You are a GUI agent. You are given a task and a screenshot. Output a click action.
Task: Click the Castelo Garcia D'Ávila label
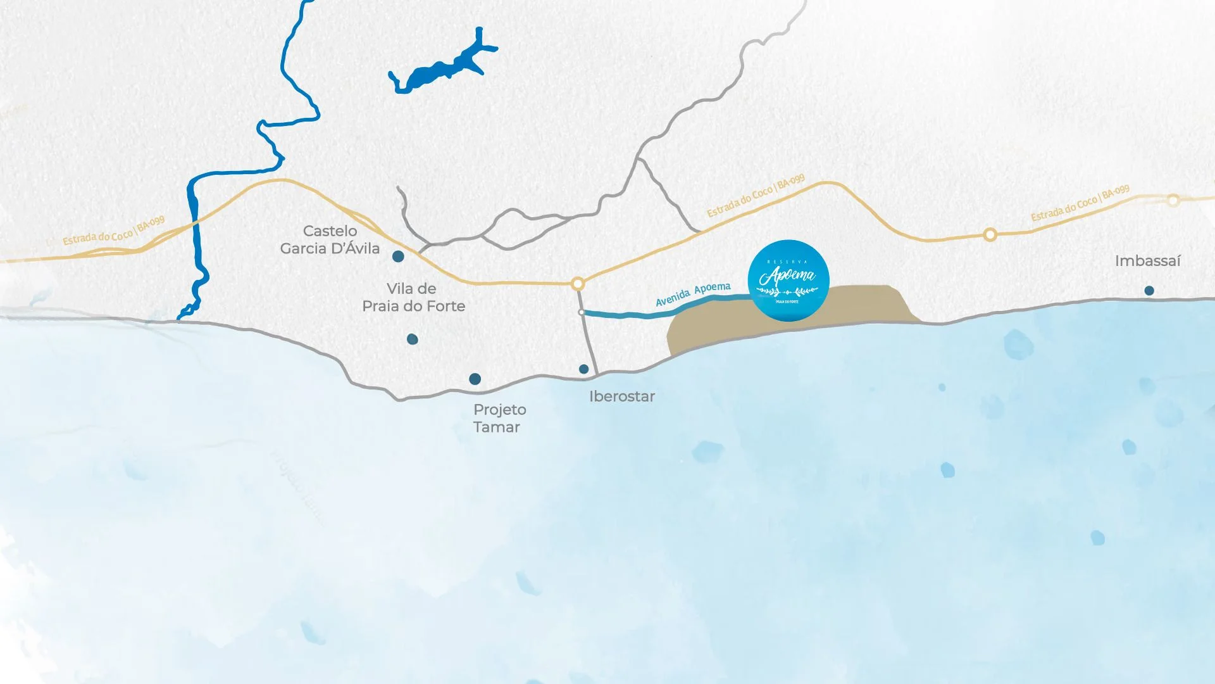point(330,240)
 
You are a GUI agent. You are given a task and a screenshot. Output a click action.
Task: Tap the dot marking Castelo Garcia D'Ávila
point(398,256)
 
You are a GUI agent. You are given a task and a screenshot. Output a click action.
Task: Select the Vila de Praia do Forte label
point(413,298)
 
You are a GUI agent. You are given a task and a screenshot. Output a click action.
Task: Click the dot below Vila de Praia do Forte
point(413,339)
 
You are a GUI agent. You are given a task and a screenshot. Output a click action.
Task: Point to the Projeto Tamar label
point(499,419)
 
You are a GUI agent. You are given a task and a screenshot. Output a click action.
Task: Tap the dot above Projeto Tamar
point(475,379)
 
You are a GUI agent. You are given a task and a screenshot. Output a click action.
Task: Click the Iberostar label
point(621,396)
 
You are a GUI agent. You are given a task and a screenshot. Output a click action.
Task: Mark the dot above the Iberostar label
point(584,369)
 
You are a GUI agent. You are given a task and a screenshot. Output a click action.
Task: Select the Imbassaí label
point(1147,261)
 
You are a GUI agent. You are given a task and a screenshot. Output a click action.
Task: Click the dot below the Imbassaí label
point(1149,291)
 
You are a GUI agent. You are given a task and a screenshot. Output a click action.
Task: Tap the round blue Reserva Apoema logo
point(788,281)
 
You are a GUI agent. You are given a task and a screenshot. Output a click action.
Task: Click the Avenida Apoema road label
point(693,294)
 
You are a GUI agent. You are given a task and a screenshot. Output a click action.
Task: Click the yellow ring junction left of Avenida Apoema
point(578,284)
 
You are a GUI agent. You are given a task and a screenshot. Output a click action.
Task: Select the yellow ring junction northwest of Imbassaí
point(990,235)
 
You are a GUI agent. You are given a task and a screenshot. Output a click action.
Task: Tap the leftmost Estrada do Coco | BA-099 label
point(114,231)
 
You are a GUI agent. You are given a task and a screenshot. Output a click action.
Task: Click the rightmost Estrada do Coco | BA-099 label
point(1080,203)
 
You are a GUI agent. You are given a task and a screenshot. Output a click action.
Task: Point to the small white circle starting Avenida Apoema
point(582,312)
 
